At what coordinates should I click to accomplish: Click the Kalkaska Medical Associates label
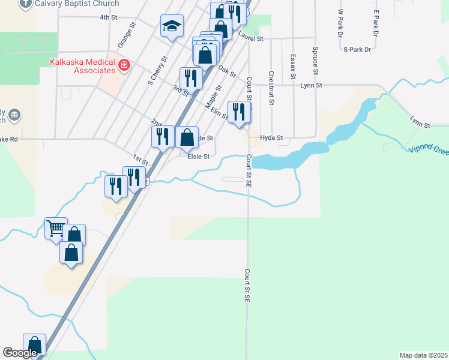(82, 66)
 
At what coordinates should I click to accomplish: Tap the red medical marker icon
(124, 65)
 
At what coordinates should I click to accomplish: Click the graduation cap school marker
(172, 26)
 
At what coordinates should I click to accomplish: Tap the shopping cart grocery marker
(56, 228)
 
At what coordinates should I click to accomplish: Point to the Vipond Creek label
(429, 149)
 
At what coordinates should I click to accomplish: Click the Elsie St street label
(198, 157)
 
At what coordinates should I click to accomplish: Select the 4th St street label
(108, 17)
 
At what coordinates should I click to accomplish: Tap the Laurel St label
(251, 38)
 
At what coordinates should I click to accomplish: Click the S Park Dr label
(357, 49)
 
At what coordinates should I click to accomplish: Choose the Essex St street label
(292, 66)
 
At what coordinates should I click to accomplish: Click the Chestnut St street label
(271, 88)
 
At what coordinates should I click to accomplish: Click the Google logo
(20, 353)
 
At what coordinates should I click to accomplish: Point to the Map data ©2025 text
(424, 355)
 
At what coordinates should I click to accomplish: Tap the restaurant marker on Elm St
(239, 112)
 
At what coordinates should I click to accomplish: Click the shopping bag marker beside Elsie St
(187, 137)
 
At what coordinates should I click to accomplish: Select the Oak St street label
(227, 71)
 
